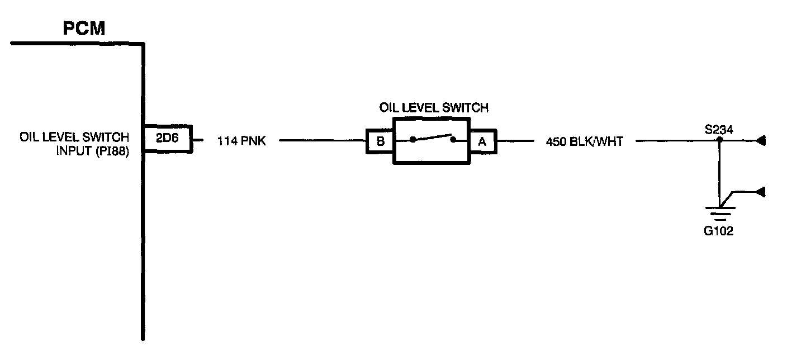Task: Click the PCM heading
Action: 84,29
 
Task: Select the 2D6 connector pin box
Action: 167,138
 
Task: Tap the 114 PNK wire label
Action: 241,141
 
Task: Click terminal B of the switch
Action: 381,141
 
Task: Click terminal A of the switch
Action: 482,141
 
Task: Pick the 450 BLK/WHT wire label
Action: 584,141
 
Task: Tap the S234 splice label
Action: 719,130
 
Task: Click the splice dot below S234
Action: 720,140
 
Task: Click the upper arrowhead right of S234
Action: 760,141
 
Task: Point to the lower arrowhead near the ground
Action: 760,192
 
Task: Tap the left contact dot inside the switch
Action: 413,140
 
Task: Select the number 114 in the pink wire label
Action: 226,141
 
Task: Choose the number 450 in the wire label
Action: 555,141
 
